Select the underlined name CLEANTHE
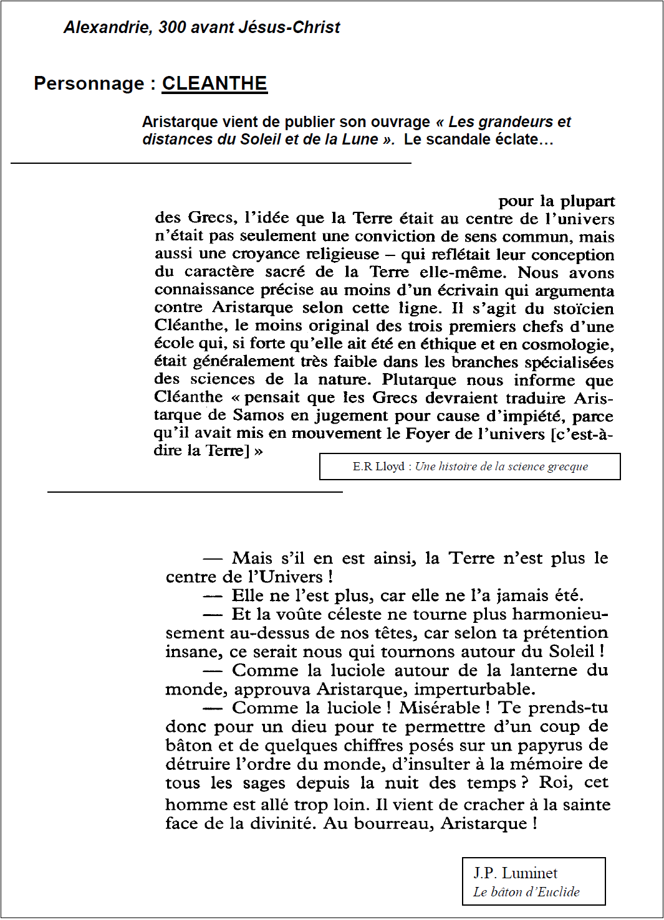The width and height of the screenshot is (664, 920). (x=214, y=83)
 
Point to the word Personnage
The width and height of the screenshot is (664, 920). (x=89, y=83)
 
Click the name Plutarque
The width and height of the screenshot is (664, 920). (x=418, y=379)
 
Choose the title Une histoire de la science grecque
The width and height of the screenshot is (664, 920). (x=501, y=467)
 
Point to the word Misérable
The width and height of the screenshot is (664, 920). (x=440, y=708)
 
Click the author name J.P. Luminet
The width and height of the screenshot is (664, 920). (x=515, y=873)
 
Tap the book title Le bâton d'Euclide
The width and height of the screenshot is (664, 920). (x=526, y=892)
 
